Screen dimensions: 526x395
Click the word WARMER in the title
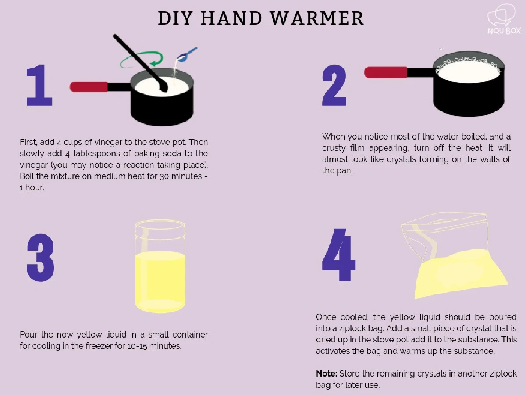pyautogui.click(x=317, y=18)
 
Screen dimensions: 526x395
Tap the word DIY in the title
pyautogui.click(x=175, y=18)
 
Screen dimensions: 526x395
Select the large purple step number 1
pyautogui.click(x=39, y=85)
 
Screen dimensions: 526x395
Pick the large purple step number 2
pyautogui.click(x=334, y=85)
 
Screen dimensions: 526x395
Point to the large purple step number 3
pyautogui.click(x=40, y=257)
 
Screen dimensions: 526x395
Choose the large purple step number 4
pyautogui.click(x=338, y=255)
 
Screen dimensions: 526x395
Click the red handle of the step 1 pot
pyautogui.click(x=89, y=86)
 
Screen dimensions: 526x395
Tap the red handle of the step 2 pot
pyautogui.click(x=386, y=72)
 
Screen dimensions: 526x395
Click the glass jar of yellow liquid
pyautogui.click(x=160, y=266)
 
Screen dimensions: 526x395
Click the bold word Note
pyautogui.click(x=327, y=373)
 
